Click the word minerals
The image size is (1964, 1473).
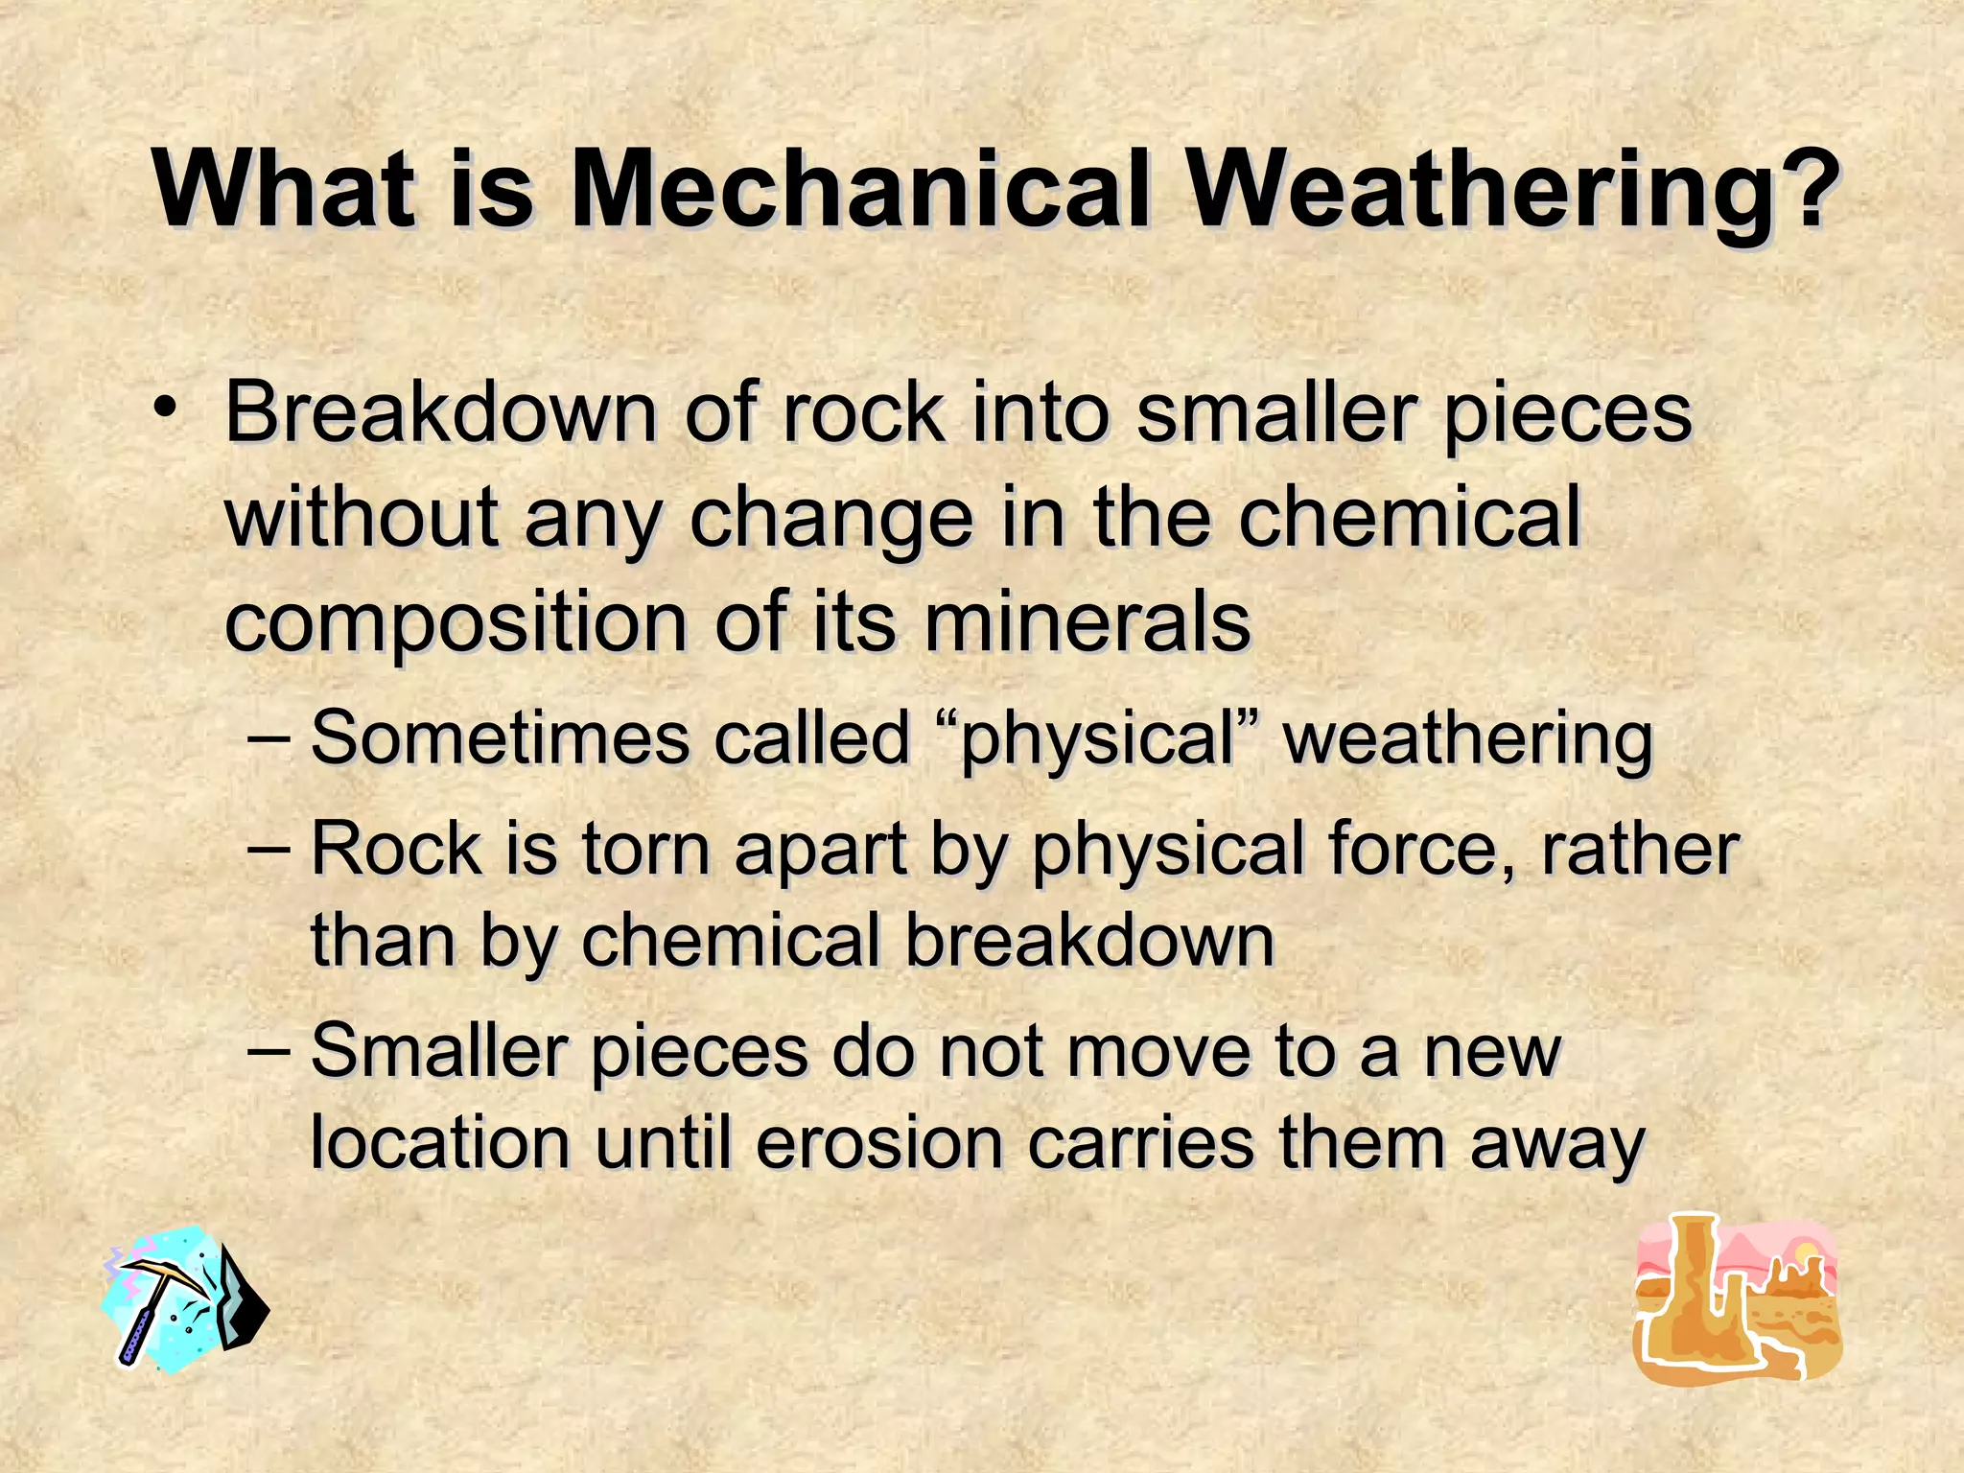click(1087, 621)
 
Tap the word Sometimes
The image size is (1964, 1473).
click(500, 737)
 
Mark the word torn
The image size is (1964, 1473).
click(645, 849)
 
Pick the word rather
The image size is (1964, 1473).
click(1640, 849)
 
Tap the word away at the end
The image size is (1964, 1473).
click(1557, 1146)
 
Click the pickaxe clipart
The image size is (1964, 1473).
click(185, 1298)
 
